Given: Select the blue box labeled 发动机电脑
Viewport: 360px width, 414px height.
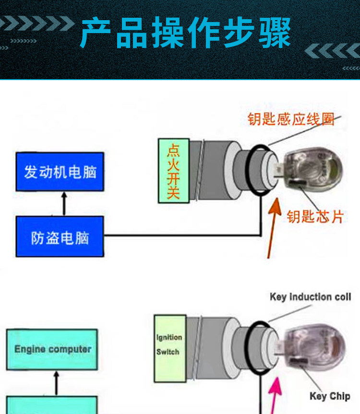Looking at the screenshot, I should point(60,171).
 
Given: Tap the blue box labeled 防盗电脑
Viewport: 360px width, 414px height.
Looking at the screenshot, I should point(60,237).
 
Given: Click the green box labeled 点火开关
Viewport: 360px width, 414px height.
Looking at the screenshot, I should point(173,170).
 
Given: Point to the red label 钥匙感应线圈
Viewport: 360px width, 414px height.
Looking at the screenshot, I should point(291,119).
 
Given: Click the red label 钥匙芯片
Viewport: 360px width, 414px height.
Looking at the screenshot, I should point(315,217).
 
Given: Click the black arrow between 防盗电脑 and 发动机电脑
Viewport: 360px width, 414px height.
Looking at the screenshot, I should point(64,203).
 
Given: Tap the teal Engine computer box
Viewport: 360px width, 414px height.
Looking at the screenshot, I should point(52,349).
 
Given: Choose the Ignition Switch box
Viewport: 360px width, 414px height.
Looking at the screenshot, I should point(169,348).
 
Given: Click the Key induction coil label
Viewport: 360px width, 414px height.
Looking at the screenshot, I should point(310,297).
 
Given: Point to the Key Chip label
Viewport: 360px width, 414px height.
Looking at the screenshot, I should point(329,396).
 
